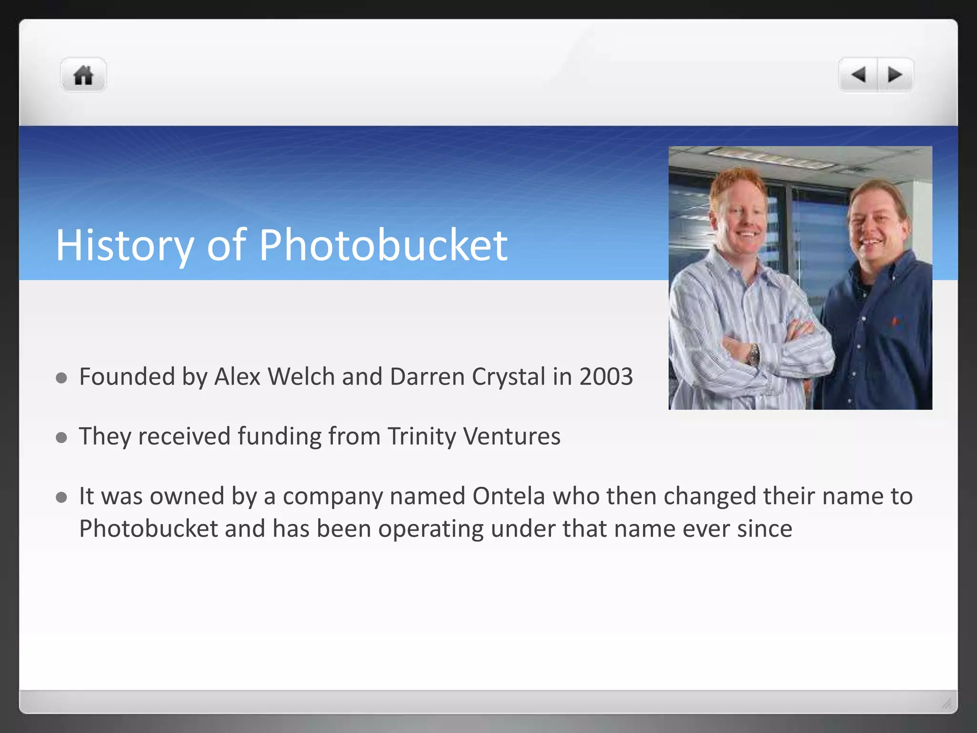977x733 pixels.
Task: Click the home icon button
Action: (x=83, y=75)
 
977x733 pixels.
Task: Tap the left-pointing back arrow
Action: (x=859, y=75)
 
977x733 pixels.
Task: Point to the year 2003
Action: (x=606, y=377)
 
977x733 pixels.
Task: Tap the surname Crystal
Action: (x=509, y=377)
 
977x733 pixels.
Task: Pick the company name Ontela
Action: (x=509, y=496)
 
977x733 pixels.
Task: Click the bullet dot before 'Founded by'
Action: (x=61, y=378)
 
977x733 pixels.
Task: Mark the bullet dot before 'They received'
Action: (x=61, y=438)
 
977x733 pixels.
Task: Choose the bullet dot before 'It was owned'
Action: (x=61, y=498)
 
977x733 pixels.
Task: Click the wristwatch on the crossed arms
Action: (x=754, y=355)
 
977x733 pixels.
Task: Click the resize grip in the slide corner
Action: (x=946, y=703)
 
